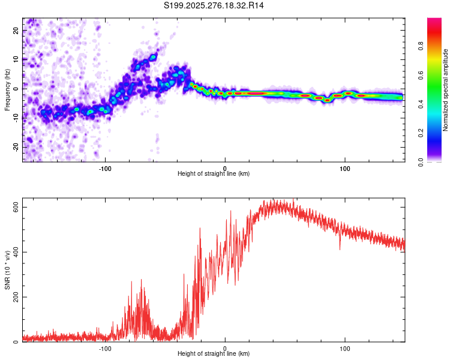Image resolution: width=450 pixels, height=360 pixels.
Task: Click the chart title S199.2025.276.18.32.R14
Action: point(214,5)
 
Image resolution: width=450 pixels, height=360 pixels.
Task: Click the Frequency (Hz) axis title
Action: point(7,91)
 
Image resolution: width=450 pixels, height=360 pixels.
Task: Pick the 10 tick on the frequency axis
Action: point(16,59)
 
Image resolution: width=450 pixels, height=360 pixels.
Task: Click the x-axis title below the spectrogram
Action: point(214,173)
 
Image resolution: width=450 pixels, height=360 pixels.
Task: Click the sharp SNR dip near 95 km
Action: point(340,248)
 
